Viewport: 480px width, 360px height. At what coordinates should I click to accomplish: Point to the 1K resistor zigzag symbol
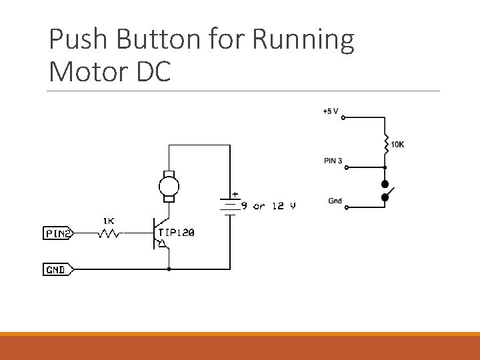point(109,234)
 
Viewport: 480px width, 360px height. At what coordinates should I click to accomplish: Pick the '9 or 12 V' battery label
point(268,206)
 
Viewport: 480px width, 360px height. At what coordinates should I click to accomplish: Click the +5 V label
point(330,111)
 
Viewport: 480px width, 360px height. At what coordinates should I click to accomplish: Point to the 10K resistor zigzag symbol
point(385,143)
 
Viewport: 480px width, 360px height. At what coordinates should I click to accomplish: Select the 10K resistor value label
point(397,144)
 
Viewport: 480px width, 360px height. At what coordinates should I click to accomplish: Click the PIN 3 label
point(333,160)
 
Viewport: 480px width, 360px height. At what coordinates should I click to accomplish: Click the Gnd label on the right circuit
point(335,201)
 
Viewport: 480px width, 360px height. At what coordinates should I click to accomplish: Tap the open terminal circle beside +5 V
point(344,119)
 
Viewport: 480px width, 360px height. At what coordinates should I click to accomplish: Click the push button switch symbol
point(387,190)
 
